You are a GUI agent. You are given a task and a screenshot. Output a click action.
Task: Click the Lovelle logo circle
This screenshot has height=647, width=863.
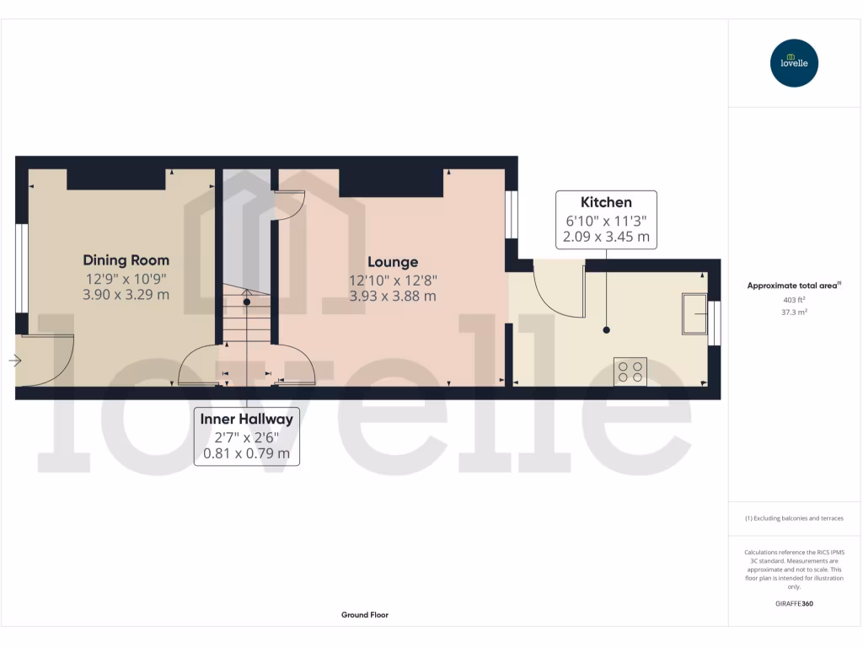794,63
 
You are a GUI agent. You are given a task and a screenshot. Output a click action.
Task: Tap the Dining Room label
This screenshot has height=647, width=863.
126,260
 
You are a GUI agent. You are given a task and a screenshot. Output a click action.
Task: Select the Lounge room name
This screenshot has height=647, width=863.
393,262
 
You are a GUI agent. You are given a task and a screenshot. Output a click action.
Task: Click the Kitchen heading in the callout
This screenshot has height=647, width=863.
606,202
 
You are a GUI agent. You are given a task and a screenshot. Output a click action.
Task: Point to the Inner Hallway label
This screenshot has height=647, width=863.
246,419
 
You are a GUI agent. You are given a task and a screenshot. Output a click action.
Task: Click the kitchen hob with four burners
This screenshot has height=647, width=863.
630,371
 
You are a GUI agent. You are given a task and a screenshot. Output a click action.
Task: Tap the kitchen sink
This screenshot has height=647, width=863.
694,313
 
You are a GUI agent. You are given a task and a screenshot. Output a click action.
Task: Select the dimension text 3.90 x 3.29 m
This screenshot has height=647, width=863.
126,295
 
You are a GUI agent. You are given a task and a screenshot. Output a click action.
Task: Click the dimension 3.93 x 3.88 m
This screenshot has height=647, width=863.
393,297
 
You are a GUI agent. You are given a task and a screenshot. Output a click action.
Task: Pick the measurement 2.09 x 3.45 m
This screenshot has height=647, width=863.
606,238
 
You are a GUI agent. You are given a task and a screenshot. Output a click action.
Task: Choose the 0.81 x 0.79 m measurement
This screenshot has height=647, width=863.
246,453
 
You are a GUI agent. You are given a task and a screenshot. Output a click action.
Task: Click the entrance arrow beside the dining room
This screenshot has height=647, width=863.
15,361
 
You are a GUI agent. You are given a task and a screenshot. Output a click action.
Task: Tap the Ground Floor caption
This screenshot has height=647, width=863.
365,615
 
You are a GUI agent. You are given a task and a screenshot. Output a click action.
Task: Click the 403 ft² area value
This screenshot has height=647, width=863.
794,299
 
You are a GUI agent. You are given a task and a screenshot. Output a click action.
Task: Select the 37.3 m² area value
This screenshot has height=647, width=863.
794,312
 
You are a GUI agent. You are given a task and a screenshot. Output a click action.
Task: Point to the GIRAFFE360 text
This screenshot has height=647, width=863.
794,603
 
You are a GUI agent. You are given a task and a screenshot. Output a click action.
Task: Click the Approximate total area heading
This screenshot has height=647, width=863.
794,286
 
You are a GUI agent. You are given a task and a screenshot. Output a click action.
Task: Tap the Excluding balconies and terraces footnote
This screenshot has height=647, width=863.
794,518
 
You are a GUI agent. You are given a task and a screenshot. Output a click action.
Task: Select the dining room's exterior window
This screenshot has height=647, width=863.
22,268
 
